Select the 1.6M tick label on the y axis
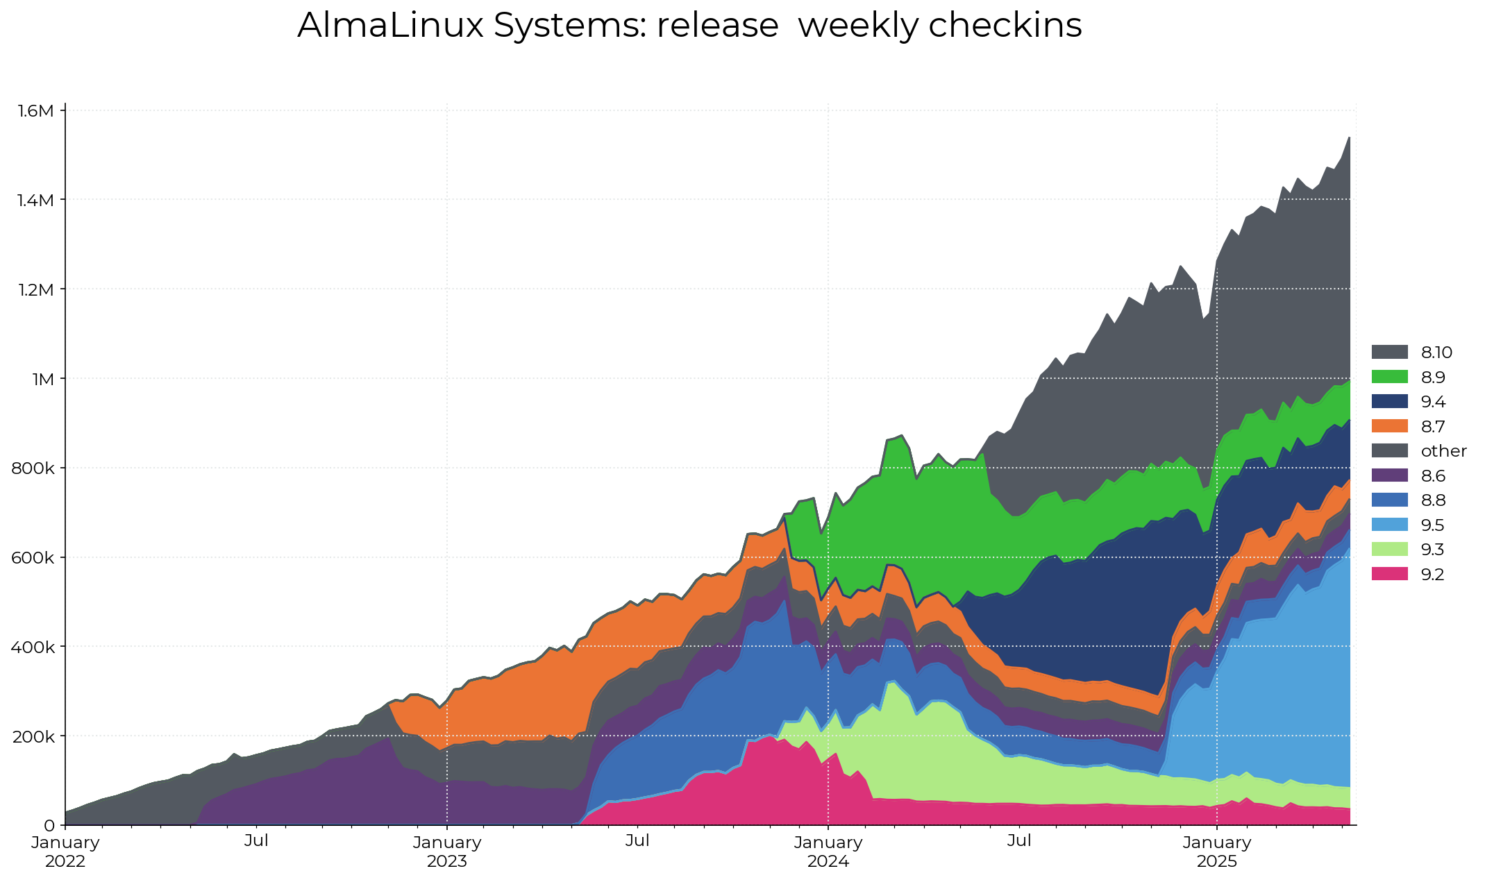[35, 110]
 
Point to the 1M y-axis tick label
[43, 379]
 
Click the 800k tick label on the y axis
[34, 468]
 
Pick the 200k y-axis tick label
[34, 736]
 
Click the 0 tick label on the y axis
[49, 826]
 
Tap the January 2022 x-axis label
[65, 852]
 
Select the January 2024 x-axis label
[828, 852]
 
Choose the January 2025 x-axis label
[1217, 852]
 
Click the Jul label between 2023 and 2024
[637, 841]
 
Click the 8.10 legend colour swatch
[1389, 353]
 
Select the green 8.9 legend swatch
[1389, 377]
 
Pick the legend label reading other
[1443, 451]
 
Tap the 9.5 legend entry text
[1432, 525]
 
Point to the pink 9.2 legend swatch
[1389, 575]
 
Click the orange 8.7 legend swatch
[1389, 426]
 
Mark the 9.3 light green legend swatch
[1389, 550]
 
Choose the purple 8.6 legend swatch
[1389, 475]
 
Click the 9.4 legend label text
[1433, 402]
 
